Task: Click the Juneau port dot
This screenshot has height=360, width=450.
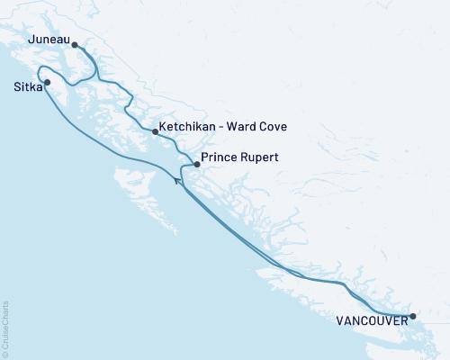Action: tap(75, 44)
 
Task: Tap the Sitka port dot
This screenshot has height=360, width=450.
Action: tap(48, 83)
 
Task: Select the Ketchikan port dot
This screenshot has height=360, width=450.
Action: tap(156, 132)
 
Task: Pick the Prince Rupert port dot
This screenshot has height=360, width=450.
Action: tap(197, 165)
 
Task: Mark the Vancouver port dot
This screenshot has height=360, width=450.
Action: tap(412, 317)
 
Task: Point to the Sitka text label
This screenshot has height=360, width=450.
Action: tap(27, 88)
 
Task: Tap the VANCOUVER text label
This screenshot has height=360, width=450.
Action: tap(372, 319)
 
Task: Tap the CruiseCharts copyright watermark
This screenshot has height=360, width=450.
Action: tap(6, 328)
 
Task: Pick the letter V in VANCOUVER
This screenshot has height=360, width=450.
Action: tap(341, 319)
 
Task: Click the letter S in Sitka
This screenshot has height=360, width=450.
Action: tap(18, 88)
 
